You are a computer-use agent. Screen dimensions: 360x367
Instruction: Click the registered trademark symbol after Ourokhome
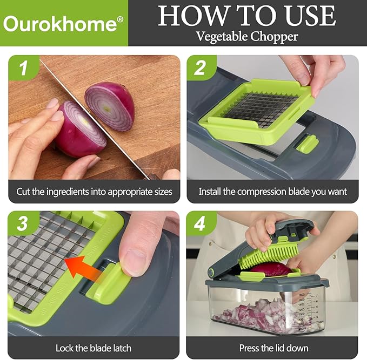click(x=120, y=18)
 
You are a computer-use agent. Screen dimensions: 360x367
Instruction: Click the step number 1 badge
click(x=22, y=69)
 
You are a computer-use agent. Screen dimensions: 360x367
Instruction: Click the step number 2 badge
click(x=200, y=69)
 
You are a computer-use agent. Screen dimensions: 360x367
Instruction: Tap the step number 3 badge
click(x=22, y=224)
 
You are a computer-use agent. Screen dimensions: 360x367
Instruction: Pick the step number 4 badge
click(x=200, y=224)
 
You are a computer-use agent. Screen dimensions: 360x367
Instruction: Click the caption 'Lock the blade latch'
click(x=94, y=348)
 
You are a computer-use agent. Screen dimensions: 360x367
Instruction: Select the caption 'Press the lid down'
click(x=272, y=348)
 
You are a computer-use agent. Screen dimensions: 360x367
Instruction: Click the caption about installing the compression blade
click(x=272, y=191)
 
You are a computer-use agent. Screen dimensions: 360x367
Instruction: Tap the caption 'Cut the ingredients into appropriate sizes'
click(x=94, y=191)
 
